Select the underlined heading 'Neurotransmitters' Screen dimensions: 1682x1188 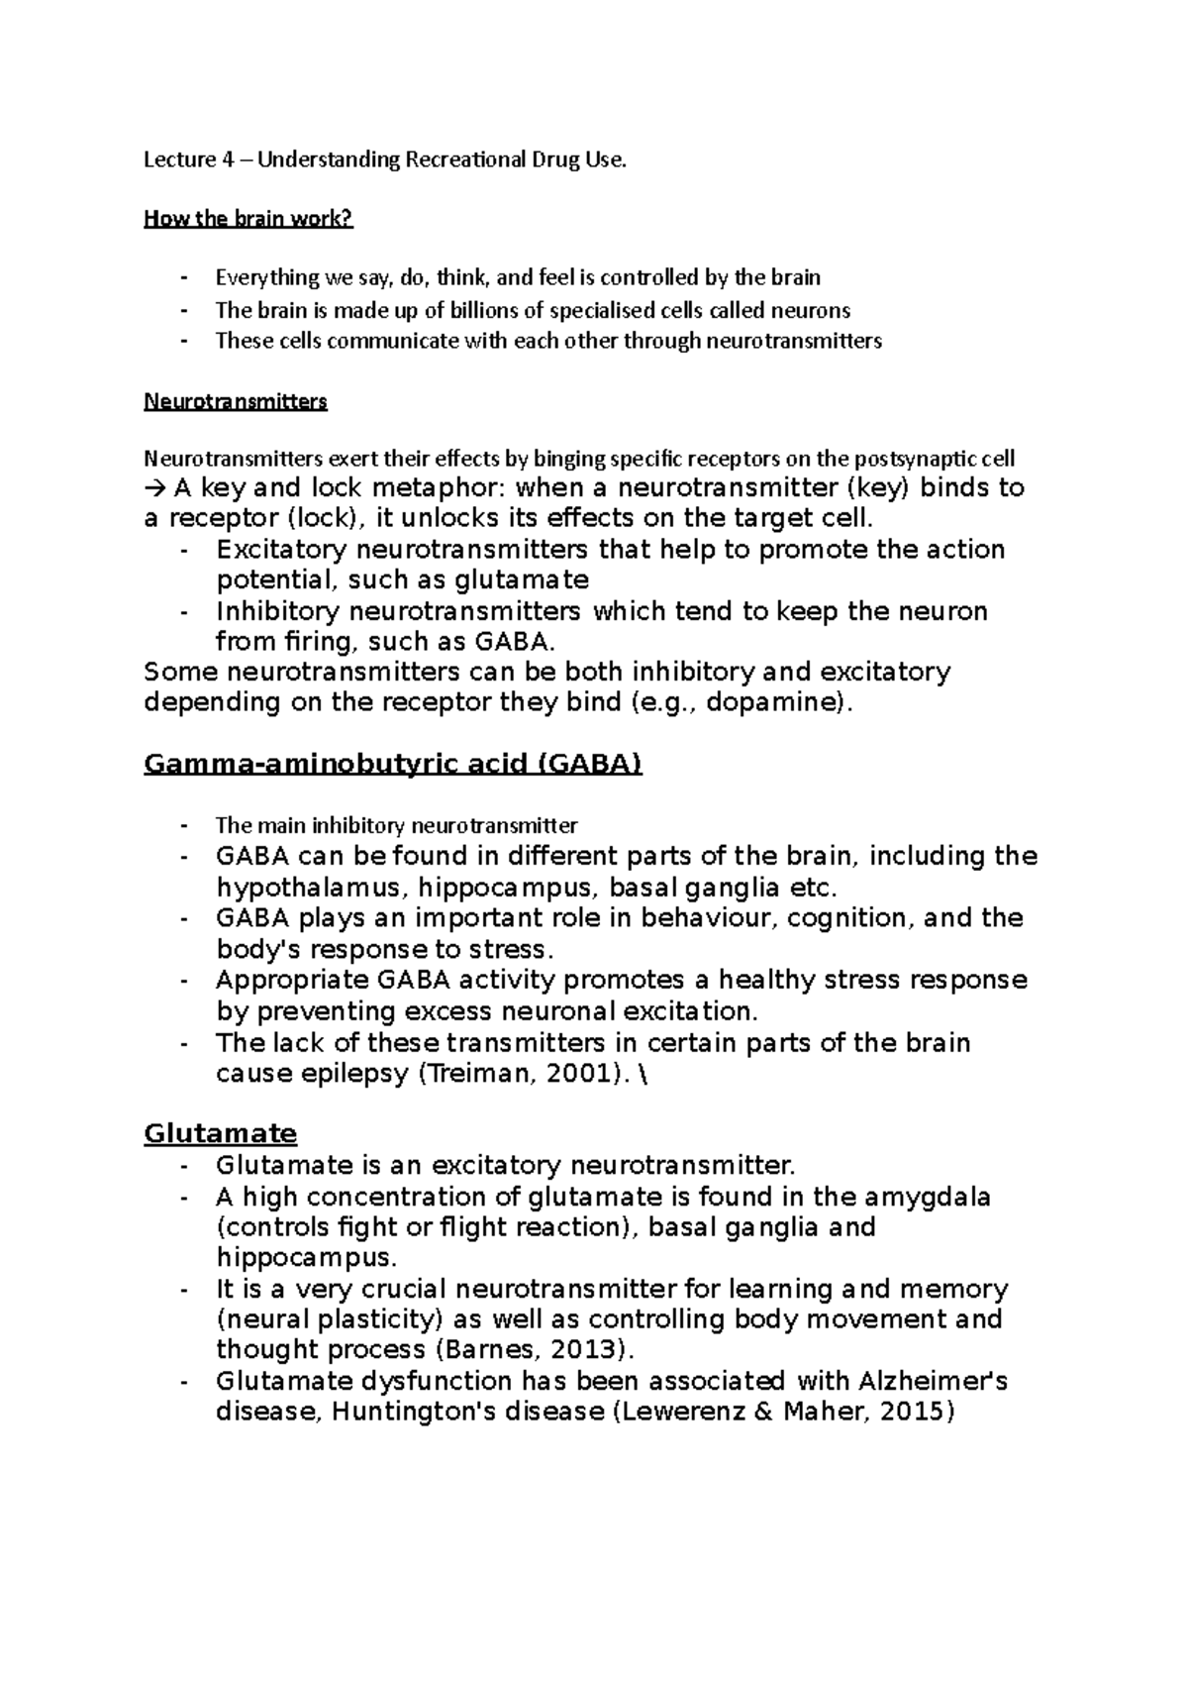tap(236, 402)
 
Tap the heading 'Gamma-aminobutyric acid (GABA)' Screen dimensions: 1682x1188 tap(393, 765)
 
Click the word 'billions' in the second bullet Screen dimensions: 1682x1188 tap(481, 310)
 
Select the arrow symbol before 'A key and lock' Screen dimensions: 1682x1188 tap(155, 487)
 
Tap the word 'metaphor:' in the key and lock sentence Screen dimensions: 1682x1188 tap(443, 487)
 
